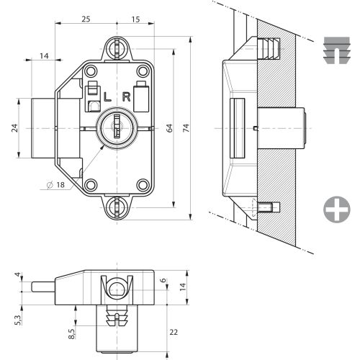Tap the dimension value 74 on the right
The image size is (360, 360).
pyautogui.click(x=186, y=128)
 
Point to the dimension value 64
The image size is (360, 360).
pyautogui.click(x=170, y=128)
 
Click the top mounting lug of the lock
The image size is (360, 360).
pyautogui.click(x=116, y=48)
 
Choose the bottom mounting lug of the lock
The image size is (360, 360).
pyautogui.click(x=116, y=208)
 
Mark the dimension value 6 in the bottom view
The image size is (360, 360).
pyautogui.click(x=163, y=281)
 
